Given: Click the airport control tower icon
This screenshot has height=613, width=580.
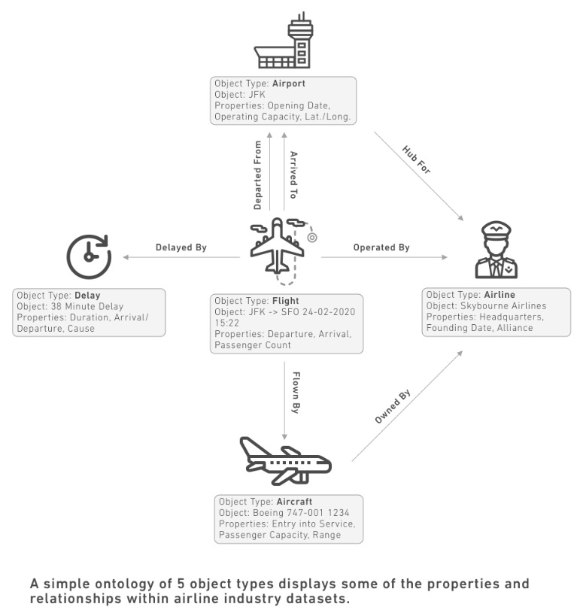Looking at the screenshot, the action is click(283, 41).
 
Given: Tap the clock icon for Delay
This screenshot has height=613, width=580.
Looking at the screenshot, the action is click(90, 256).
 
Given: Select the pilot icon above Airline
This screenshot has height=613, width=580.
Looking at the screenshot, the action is click(496, 250).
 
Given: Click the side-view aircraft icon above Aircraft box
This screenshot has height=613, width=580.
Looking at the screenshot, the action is click(285, 461).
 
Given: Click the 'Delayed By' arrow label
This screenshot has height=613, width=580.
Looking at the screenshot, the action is click(181, 247).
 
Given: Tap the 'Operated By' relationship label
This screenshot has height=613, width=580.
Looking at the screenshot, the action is click(381, 247).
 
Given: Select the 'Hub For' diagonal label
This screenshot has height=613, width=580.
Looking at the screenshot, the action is click(417, 159).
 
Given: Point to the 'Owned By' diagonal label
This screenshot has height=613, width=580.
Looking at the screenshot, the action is click(393, 406).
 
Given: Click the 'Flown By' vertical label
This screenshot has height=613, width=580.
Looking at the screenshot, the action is click(296, 393).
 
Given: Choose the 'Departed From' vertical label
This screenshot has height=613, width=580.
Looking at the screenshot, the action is click(257, 175).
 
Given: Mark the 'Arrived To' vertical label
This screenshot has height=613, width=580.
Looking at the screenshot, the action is click(293, 174).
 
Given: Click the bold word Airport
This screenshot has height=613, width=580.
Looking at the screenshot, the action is click(289, 83).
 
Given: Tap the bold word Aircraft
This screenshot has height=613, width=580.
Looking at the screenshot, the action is click(294, 502).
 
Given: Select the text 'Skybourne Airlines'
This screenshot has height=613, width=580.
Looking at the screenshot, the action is click(503, 305).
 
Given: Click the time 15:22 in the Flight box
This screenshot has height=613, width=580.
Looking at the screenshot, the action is click(227, 323).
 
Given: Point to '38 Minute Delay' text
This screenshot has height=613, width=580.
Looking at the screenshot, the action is click(87, 306).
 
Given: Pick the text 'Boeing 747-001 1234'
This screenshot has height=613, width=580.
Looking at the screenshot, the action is click(301, 512).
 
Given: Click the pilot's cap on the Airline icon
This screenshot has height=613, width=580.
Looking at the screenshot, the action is click(496, 229).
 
